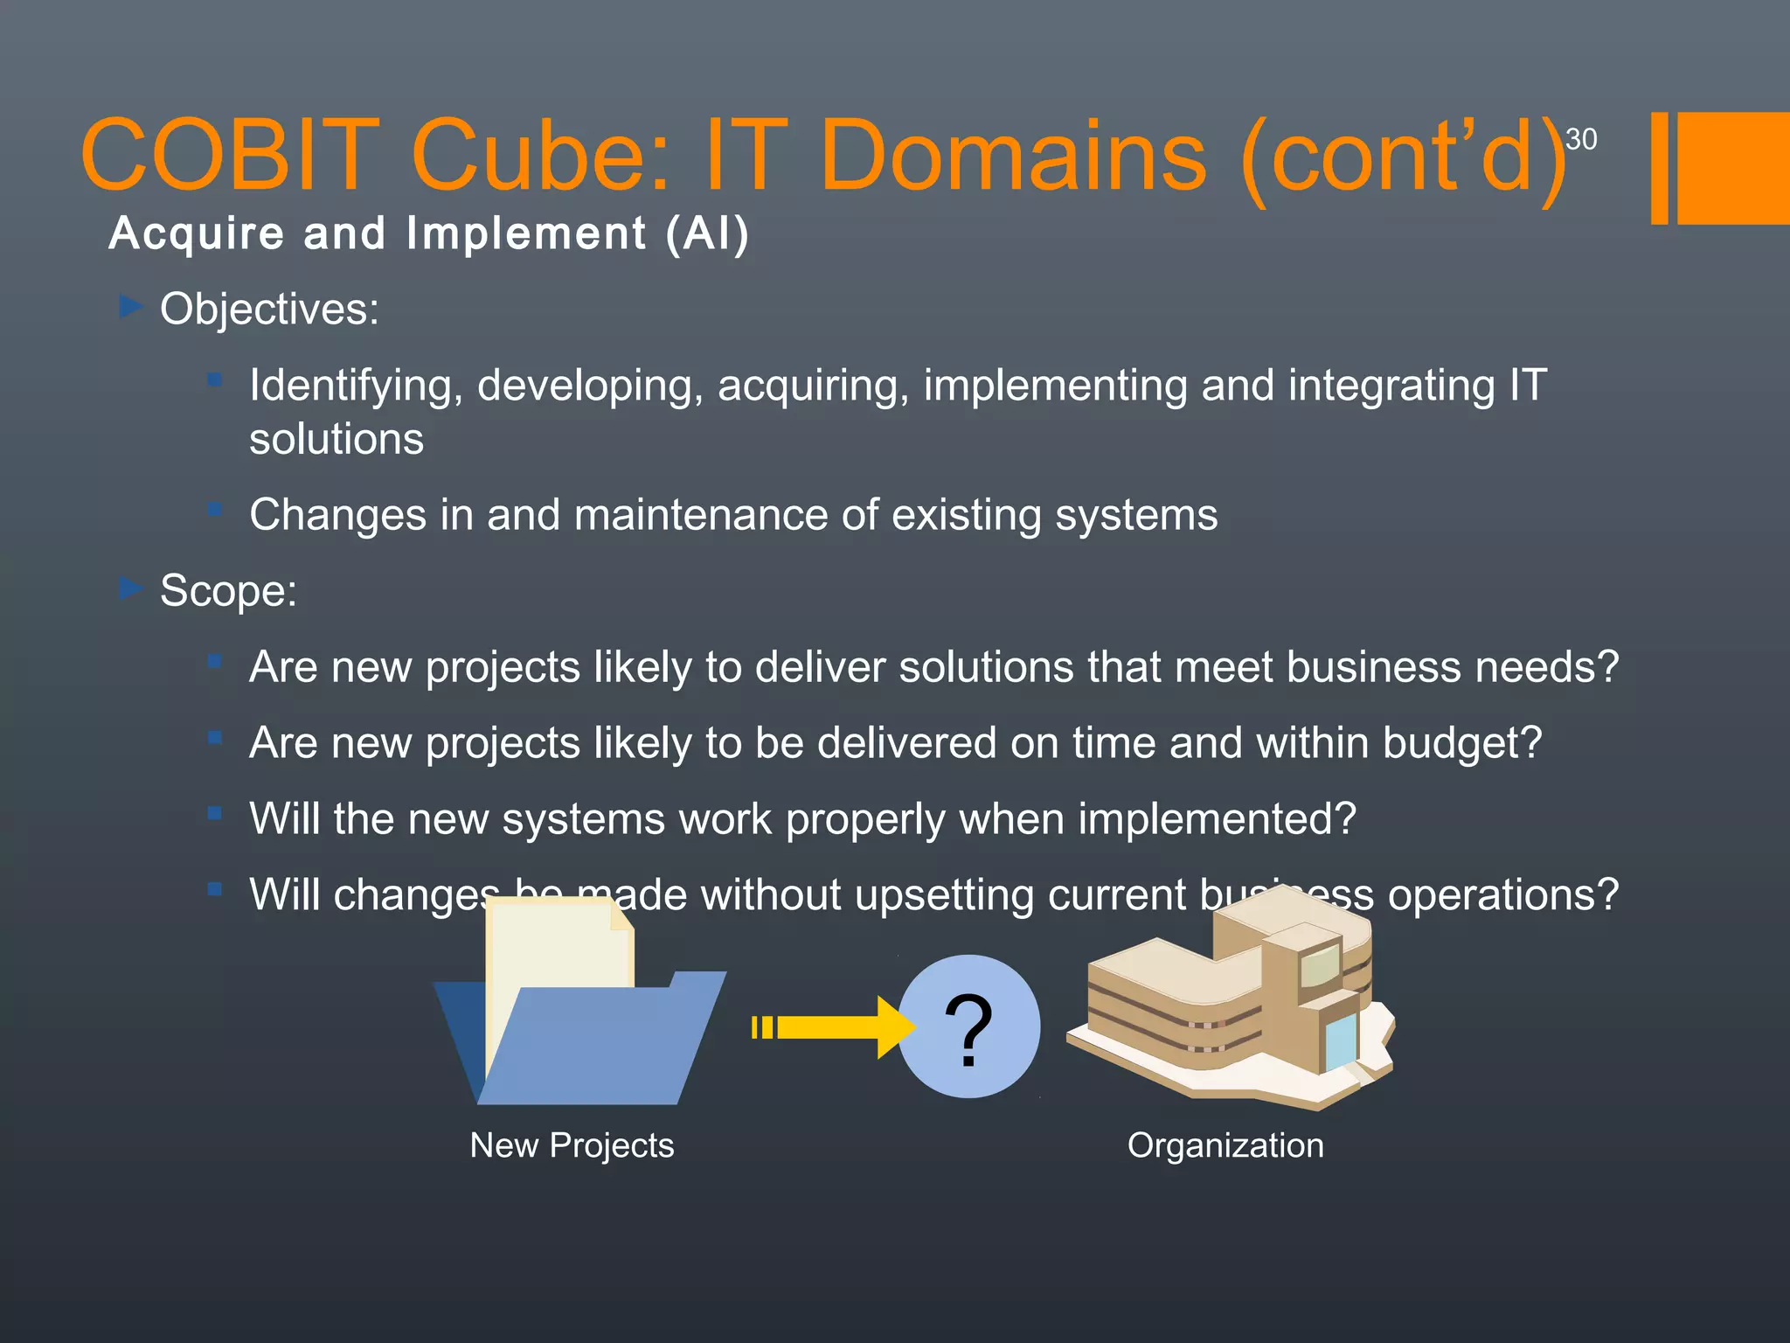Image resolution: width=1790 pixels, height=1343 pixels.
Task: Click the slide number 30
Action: [1580, 139]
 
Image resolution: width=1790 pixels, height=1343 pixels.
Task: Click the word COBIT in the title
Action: [229, 156]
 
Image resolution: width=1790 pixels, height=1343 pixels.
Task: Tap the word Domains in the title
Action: [1012, 156]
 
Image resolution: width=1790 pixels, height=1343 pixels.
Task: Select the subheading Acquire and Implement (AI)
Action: [428, 234]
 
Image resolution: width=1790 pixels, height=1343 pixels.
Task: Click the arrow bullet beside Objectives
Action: [131, 307]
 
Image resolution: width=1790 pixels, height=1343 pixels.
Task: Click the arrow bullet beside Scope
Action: [131, 588]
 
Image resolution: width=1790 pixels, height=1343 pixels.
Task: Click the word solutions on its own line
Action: [336, 439]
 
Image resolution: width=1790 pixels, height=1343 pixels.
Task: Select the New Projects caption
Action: [572, 1145]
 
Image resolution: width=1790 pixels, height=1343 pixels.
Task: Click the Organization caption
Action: [1225, 1145]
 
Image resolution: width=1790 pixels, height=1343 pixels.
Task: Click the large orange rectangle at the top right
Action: [1733, 168]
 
